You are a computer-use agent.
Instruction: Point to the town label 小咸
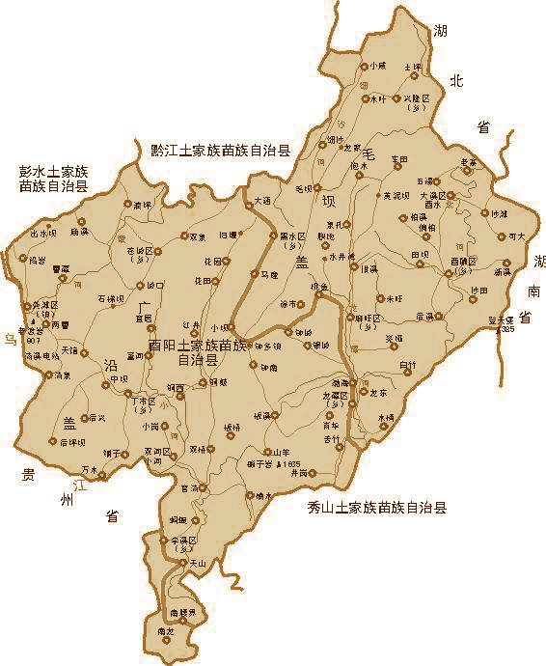pyautogui.click(x=377, y=66)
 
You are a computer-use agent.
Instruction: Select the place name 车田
pyautogui.click(x=399, y=158)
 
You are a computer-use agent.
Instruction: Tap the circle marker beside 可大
pyautogui.click(x=501, y=236)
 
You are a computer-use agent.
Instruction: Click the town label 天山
pyautogui.click(x=198, y=563)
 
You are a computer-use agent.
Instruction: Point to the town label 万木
pyautogui.click(x=90, y=470)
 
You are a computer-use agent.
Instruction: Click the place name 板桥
pyautogui.click(x=232, y=427)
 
